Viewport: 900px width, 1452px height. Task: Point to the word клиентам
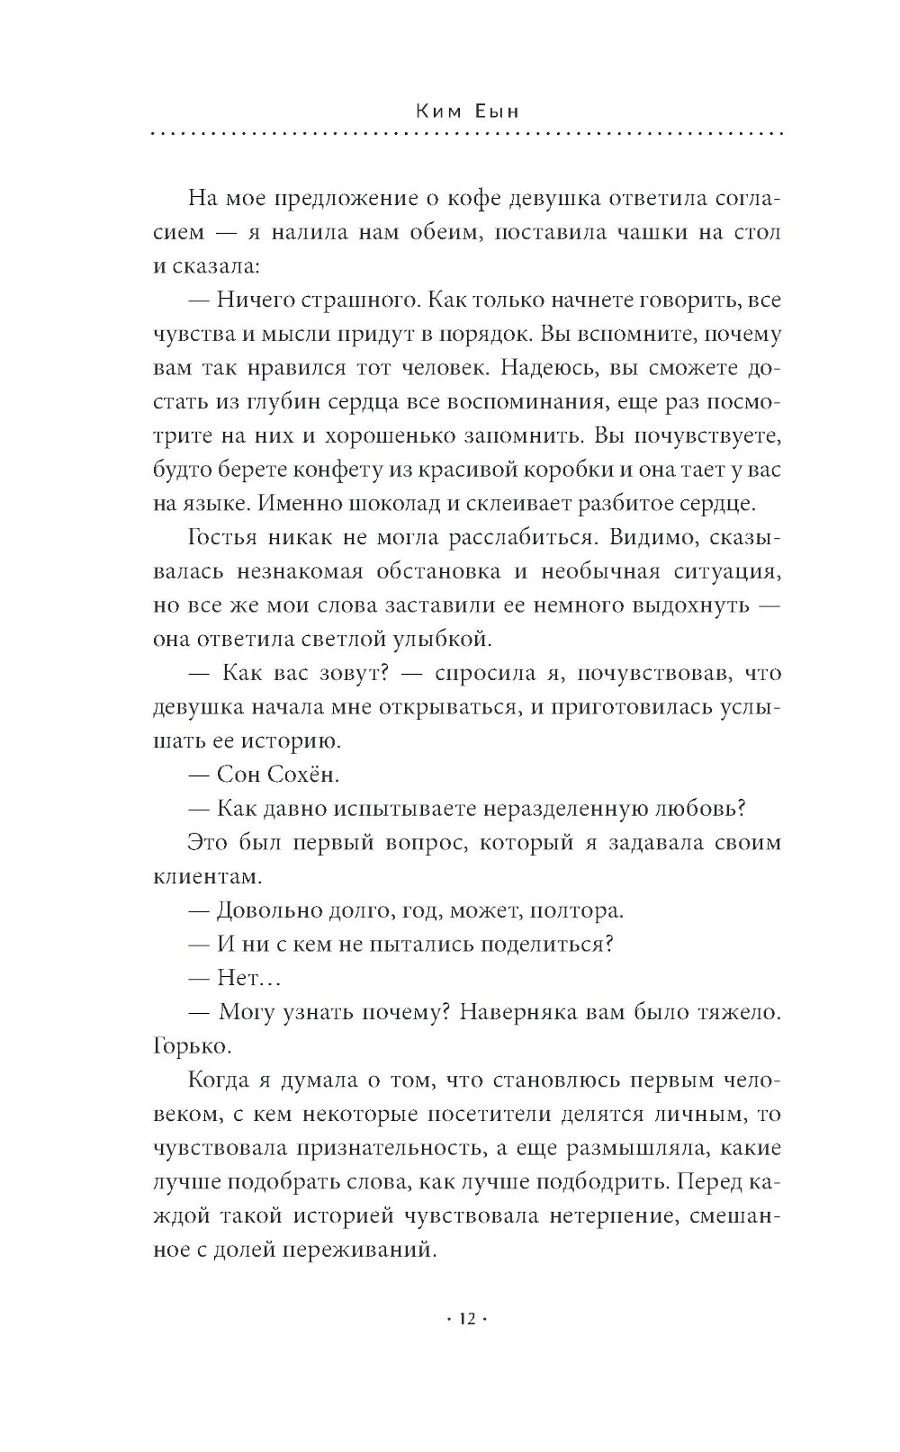click(x=207, y=875)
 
